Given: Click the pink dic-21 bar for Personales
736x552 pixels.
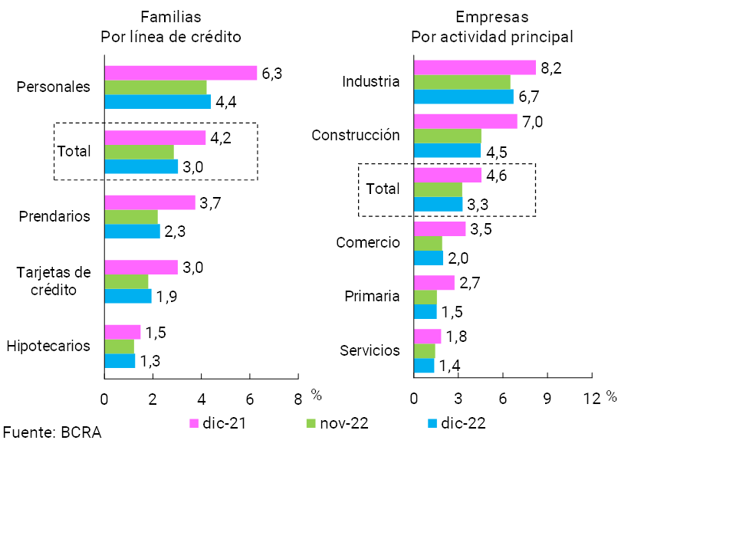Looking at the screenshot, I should (x=180, y=73).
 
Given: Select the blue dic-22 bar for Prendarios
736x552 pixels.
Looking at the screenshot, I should (x=132, y=231).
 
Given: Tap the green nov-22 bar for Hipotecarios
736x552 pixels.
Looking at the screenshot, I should (x=119, y=347).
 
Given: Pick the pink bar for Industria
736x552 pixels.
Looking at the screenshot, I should (x=475, y=67).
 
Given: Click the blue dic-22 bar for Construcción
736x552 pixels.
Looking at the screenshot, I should (x=447, y=150).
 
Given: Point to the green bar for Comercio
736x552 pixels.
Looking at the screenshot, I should (x=428, y=243).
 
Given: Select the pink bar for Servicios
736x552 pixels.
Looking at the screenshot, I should (x=427, y=336).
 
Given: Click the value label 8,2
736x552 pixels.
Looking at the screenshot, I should (x=551, y=68).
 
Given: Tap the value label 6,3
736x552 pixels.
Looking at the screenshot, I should (x=272, y=74).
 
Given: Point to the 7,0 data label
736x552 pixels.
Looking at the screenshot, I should (x=532, y=121).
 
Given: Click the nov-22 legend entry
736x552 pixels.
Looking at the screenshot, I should (x=337, y=423).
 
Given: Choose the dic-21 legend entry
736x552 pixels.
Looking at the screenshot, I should (x=218, y=423).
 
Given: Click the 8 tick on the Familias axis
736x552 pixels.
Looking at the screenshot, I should (x=297, y=398).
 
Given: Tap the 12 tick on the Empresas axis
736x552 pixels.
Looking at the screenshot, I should (x=591, y=398).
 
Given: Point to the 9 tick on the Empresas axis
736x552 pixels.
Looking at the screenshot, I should (x=547, y=398).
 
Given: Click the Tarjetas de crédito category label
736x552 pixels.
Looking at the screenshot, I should (x=54, y=281).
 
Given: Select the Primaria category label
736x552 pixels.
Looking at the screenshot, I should (x=372, y=297).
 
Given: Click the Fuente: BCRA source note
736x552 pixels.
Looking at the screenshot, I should (x=51, y=432).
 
